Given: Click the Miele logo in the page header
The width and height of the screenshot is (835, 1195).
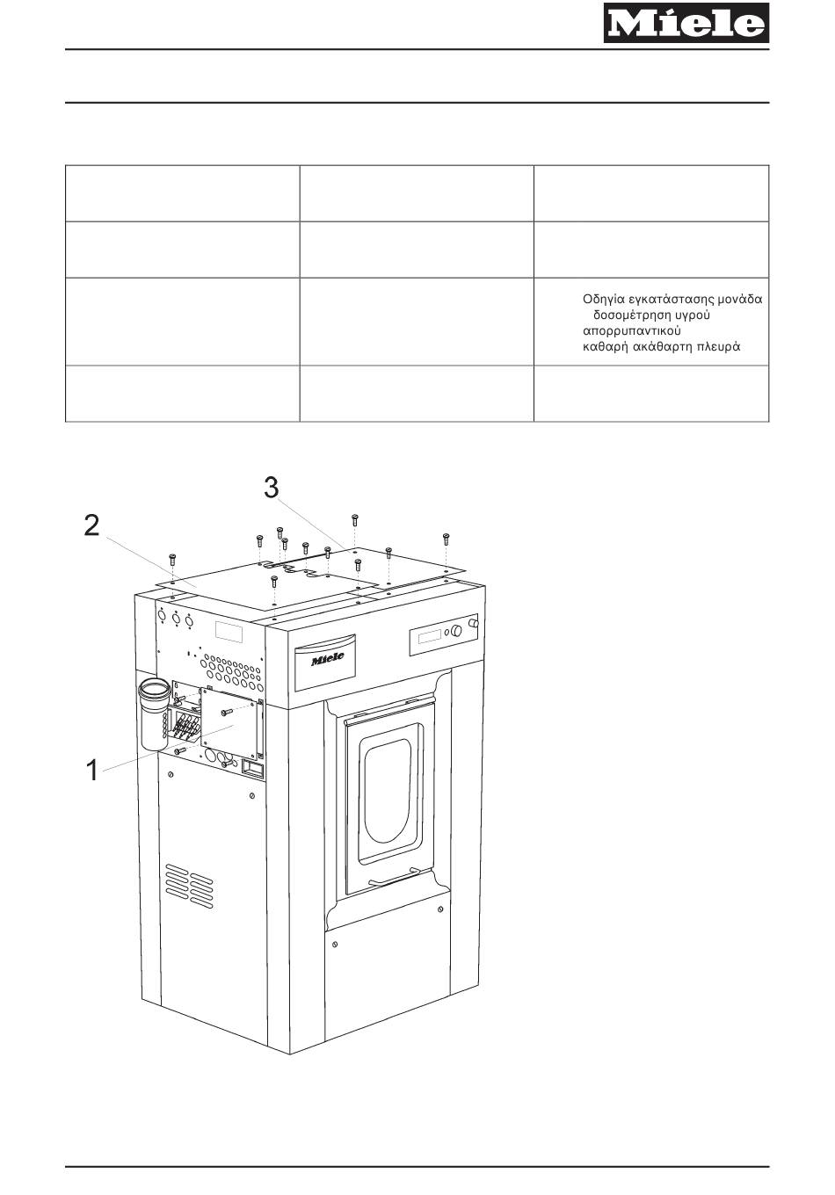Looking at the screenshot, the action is (x=685, y=23).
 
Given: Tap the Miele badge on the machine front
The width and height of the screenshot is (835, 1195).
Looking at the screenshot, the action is (x=327, y=657).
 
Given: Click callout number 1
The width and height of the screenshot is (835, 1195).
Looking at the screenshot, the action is (x=91, y=771).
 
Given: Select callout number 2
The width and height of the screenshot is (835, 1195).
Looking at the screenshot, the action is (x=91, y=526).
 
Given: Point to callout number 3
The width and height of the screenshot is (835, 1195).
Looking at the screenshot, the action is (x=272, y=488).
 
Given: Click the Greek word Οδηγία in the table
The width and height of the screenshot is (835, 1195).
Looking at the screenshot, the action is (x=606, y=300).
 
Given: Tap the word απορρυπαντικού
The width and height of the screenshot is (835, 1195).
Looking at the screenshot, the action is (x=632, y=331).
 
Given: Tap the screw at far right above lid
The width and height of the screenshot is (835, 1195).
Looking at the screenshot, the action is (x=446, y=538).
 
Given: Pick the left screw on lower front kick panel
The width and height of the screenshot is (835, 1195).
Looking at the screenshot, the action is (x=335, y=945).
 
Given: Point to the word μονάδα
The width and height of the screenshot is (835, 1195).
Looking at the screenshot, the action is (x=737, y=300).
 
